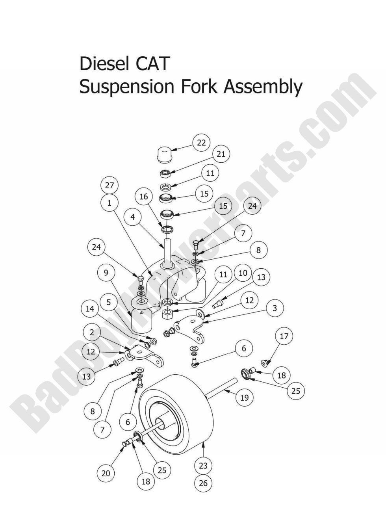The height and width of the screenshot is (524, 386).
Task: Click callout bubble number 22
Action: [x=201, y=143]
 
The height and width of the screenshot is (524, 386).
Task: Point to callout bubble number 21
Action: [x=221, y=154]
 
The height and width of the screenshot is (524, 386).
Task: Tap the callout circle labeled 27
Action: [x=109, y=185]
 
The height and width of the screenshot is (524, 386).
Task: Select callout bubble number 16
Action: [x=144, y=196]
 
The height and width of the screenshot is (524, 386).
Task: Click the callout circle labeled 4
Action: [x=133, y=217]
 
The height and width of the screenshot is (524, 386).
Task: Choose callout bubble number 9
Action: [x=106, y=273]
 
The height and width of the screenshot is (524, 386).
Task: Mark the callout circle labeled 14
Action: [x=90, y=308]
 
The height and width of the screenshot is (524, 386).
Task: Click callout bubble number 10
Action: [x=243, y=273]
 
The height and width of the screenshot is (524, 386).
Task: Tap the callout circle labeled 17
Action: [x=284, y=336]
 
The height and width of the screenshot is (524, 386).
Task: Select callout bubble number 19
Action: [x=245, y=398]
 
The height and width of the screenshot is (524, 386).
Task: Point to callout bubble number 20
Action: [x=106, y=473]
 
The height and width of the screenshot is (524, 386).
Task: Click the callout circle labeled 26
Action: [x=203, y=483]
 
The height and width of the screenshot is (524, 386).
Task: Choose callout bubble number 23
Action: [x=203, y=466]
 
